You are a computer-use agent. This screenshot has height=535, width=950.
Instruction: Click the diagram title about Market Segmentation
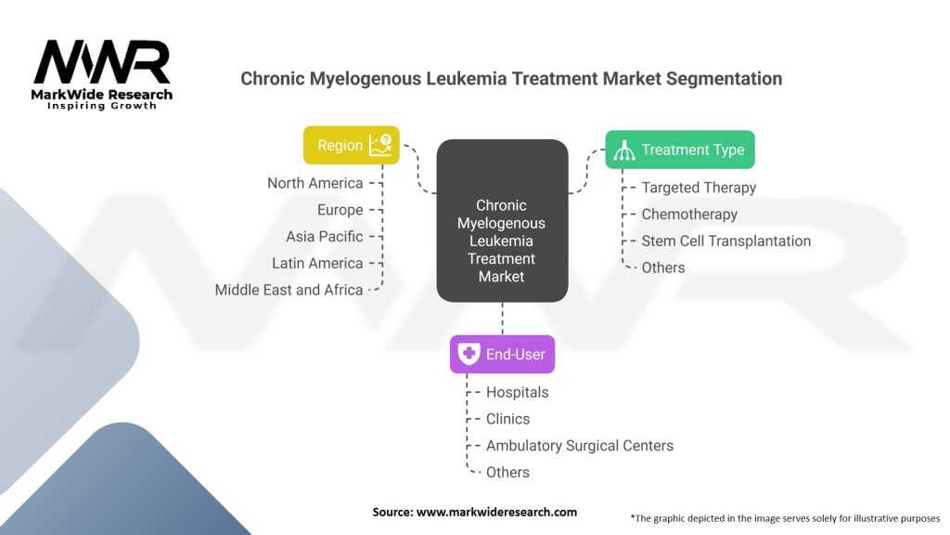pyautogui.click(x=511, y=79)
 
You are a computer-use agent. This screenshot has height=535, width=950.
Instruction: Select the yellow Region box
pyautogui.click(x=352, y=146)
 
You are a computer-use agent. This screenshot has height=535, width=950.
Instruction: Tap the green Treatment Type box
pyautogui.click(x=679, y=150)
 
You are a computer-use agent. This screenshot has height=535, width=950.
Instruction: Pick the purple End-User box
pyautogui.click(x=502, y=354)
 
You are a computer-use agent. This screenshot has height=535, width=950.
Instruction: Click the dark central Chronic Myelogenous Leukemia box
pyautogui.click(x=502, y=240)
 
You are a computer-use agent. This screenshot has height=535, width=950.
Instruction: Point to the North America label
pyautogui.click(x=315, y=183)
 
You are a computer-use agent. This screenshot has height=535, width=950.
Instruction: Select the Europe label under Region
pyautogui.click(x=340, y=210)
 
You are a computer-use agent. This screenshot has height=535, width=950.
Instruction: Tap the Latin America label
pyautogui.click(x=317, y=264)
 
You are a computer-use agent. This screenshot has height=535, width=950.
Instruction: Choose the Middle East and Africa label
pyautogui.click(x=289, y=290)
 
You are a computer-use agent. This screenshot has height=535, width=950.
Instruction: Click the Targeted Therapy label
pyautogui.click(x=699, y=188)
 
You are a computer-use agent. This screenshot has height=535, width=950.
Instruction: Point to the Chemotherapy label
pyautogui.click(x=689, y=215)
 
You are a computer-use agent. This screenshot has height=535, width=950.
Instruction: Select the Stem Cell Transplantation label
pyautogui.click(x=725, y=241)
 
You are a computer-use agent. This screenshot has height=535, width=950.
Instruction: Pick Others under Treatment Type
pyautogui.click(x=662, y=267)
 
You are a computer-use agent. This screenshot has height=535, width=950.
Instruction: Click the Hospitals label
pyautogui.click(x=517, y=392)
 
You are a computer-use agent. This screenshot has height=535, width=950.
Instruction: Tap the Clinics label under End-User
pyautogui.click(x=507, y=419)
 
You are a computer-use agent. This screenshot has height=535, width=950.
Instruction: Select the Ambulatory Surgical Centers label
pyautogui.click(x=579, y=446)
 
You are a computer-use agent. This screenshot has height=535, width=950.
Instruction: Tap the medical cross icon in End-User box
pyautogui.click(x=469, y=354)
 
